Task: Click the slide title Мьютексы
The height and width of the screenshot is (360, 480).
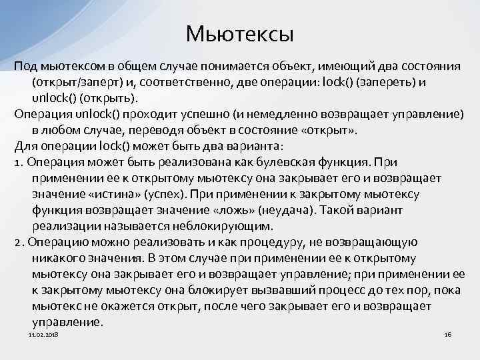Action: pos(240,33)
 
